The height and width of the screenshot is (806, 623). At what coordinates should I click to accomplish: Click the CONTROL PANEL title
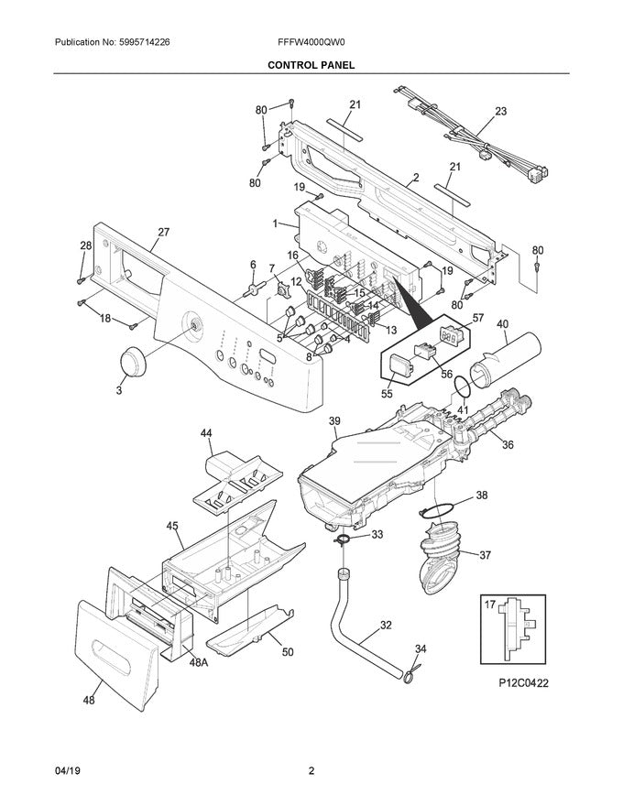click(x=311, y=66)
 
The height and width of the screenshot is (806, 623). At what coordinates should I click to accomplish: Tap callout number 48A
click(x=200, y=661)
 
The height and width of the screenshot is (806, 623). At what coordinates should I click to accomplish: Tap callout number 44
click(x=206, y=432)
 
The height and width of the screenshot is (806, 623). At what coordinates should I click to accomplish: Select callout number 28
click(x=85, y=245)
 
